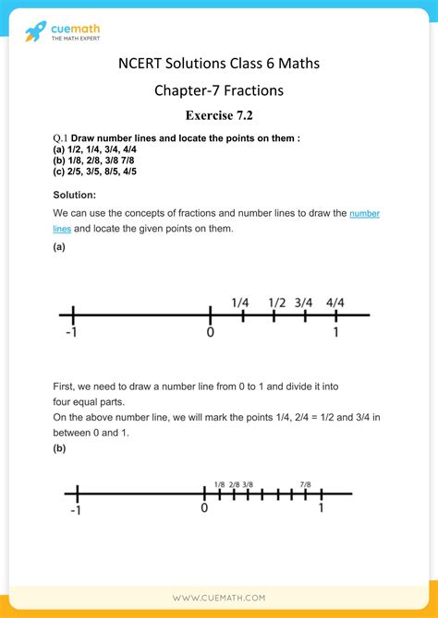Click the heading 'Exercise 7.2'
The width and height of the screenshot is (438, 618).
pos(218,115)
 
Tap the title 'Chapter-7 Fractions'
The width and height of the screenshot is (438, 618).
pos(218,90)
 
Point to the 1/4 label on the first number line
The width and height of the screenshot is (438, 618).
pos(241,303)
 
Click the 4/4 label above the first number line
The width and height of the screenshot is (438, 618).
pos(335,303)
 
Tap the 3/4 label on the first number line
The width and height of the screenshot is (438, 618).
pos(304,303)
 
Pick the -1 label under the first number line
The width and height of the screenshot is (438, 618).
pos(71,333)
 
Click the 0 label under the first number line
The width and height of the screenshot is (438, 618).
pos(211,333)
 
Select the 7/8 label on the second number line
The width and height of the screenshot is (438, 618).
pos(305,484)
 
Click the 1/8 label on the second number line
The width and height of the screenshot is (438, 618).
pos(219,484)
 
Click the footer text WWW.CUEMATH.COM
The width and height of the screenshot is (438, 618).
pos(218,599)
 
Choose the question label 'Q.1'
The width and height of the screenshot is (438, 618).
pos(61,138)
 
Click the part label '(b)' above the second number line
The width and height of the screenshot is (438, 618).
pos(59,448)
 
